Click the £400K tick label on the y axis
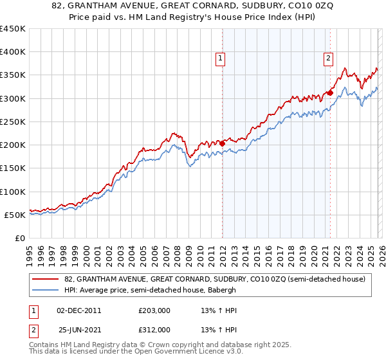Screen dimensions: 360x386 [x=13, y=52]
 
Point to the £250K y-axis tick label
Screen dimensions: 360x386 [x=13, y=122]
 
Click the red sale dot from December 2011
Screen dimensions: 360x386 [x=222, y=143]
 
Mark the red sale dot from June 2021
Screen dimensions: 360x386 [x=330, y=93]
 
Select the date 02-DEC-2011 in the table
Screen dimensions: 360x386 [x=78, y=310]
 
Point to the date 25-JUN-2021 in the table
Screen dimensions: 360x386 [x=78, y=329]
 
